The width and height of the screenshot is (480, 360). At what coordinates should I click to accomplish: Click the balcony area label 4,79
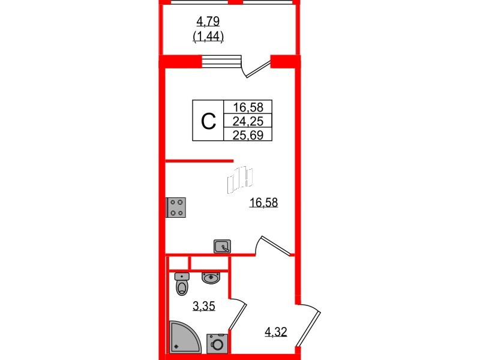(208, 22)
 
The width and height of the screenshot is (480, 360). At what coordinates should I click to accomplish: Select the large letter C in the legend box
(208, 121)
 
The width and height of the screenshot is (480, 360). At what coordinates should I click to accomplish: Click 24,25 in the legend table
(248, 122)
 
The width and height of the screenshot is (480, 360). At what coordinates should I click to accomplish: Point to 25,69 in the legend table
(248, 135)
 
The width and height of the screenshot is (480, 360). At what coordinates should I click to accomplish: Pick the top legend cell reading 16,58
(248, 107)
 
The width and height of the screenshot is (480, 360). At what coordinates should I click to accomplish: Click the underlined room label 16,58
(263, 202)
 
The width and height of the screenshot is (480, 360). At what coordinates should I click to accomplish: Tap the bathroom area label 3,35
(204, 305)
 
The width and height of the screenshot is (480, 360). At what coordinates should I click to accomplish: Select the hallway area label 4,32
(276, 332)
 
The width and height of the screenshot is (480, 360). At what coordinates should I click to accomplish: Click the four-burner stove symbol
(176, 208)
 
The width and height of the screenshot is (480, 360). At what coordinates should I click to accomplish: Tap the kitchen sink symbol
(222, 247)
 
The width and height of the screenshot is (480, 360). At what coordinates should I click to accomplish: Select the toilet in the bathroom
(182, 284)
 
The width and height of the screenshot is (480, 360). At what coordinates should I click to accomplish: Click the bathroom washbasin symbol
(211, 278)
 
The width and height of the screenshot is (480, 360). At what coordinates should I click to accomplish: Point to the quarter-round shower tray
(184, 337)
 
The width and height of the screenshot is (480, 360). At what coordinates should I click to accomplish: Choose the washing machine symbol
(217, 344)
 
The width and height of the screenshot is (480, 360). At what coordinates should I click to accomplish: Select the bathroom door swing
(238, 314)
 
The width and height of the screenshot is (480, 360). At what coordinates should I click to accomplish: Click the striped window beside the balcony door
(221, 61)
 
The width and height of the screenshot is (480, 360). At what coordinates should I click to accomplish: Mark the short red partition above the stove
(200, 161)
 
